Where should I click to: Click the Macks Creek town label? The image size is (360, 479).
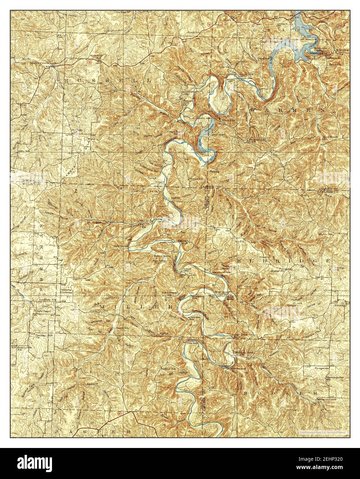point(40,63)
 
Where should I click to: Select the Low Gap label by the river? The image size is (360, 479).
point(192,343)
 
